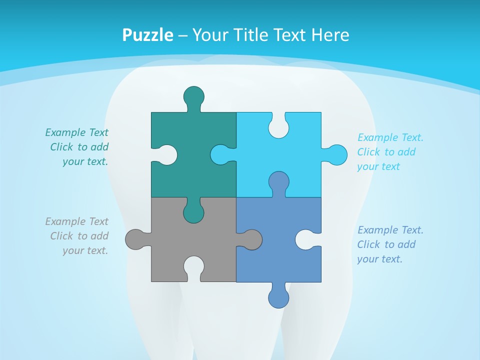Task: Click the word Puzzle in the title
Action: (147, 35)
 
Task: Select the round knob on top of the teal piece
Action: (193, 96)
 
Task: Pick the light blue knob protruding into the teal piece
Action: (220, 155)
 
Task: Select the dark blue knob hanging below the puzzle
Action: (278, 298)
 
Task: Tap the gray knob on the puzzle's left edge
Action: (135, 239)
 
